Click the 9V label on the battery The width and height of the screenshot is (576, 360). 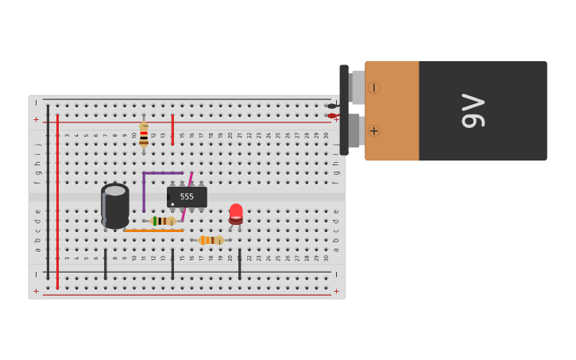[x=474, y=110]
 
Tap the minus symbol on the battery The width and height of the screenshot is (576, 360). [x=373, y=87]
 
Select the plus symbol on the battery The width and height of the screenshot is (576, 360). [x=373, y=130]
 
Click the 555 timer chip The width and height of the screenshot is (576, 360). [x=187, y=196]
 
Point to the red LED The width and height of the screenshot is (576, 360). [x=236, y=213]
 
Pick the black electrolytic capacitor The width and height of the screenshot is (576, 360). [x=115, y=205]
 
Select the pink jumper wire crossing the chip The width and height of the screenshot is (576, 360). [x=187, y=196]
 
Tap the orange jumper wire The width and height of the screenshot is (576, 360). [x=153, y=230]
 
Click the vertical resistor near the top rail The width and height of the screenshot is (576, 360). [x=144, y=134]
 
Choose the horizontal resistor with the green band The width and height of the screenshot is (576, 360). [x=163, y=221]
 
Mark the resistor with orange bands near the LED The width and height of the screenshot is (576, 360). [x=211, y=240]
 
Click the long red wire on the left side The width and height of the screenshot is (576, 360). [x=57, y=199]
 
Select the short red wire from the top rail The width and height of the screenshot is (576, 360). [x=172, y=130]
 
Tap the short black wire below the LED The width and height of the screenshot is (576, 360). [x=239, y=264]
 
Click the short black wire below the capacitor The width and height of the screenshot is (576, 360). [x=105, y=264]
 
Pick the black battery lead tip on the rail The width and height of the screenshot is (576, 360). [x=332, y=106]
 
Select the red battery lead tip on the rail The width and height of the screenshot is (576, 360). [x=332, y=116]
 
